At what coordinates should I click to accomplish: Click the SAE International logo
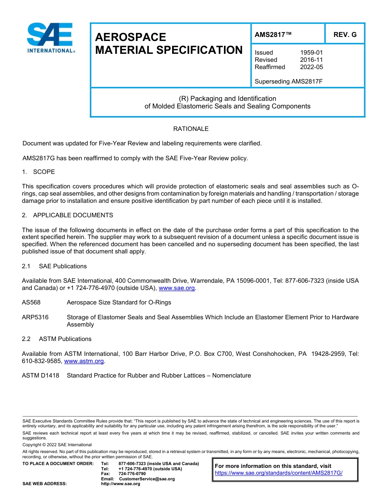click(x=50, y=38)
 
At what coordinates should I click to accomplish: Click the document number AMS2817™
click(x=273, y=35)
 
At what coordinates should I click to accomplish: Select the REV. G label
click(x=345, y=35)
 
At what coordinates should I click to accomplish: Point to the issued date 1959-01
click(x=311, y=53)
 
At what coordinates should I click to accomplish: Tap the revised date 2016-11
click(x=311, y=60)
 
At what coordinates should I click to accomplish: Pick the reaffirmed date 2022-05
click(x=311, y=67)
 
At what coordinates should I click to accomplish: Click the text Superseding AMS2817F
click(x=289, y=82)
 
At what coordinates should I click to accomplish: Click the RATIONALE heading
click(x=191, y=129)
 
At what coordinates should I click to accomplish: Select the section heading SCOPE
click(x=44, y=172)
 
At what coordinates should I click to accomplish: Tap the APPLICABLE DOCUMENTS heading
click(x=73, y=215)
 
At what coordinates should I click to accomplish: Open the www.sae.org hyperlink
click(x=177, y=288)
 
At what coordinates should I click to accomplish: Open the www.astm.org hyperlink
click(x=84, y=361)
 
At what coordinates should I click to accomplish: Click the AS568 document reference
click(x=31, y=302)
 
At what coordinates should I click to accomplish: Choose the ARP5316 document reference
click(x=35, y=317)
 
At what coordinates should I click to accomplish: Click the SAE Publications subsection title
click(x=63, y=266)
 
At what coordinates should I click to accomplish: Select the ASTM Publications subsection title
click(x=65, y=339)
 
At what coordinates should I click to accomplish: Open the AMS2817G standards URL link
click(x=278, y=473)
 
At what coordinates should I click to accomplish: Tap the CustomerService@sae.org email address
click(x=147, y=479)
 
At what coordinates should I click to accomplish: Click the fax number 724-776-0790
click(x=132, y=474)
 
